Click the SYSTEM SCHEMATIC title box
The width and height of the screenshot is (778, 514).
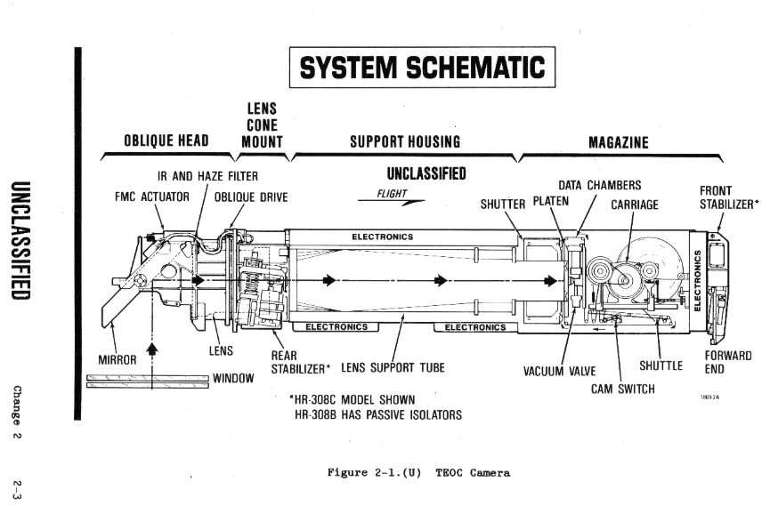[x=421, y=68]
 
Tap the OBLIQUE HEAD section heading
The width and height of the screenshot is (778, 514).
[x=166, y=141]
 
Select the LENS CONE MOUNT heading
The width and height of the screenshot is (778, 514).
[x=262, y=125]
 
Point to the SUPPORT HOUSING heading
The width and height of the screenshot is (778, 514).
[x=405, y=141]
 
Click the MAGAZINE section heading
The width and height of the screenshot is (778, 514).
[x=619, y=141]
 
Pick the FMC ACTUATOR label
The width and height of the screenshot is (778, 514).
[x=152, y=197]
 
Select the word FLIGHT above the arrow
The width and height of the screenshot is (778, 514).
[x=392, y=193]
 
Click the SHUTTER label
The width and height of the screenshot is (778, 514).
[x=503, y=204]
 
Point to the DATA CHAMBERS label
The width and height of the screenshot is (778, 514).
[x=599, y=185]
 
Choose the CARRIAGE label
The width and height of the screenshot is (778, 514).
[x=635, y=205]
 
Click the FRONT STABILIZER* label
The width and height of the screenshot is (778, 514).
[x=729, y=197]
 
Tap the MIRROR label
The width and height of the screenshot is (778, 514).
[x=117, y=360]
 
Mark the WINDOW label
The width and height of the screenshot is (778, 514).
[x=233, y=378]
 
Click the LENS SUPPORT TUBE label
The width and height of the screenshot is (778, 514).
[x=393, y=366]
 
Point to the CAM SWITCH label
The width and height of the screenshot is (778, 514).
[x=623, y=389]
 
